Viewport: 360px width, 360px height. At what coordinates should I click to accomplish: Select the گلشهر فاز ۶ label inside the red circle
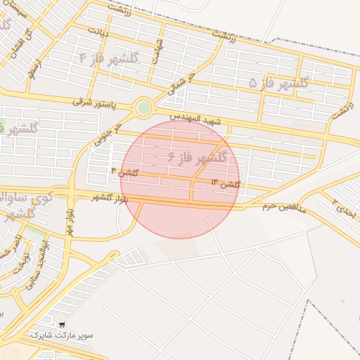coord(198,157)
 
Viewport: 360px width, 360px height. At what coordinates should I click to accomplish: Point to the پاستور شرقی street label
coord(102,103)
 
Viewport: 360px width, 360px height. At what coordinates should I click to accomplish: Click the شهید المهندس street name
coord(199,122)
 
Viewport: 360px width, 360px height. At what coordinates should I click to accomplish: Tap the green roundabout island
coord(143,108)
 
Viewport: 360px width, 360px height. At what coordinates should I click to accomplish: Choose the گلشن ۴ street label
coord(125,172)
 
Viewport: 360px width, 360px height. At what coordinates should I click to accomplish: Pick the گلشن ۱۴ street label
coord(226,184)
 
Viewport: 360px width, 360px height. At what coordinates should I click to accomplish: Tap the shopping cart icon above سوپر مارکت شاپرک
coord(63,326)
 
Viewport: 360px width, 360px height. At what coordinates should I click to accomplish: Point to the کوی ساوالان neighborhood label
coord(28,198)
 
